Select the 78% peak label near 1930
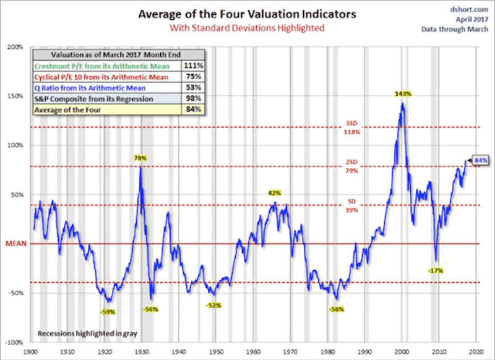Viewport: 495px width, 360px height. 141,158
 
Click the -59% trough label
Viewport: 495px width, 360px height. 108,312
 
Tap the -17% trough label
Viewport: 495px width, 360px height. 436,270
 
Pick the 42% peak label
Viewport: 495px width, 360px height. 274,193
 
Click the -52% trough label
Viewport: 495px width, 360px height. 213,305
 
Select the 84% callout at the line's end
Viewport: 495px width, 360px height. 481,161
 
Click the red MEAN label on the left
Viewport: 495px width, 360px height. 15,244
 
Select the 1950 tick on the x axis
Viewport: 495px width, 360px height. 215,350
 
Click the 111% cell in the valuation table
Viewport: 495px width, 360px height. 192,64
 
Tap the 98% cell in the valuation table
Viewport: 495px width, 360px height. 192,98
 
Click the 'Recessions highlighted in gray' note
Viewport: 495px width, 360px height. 87,333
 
